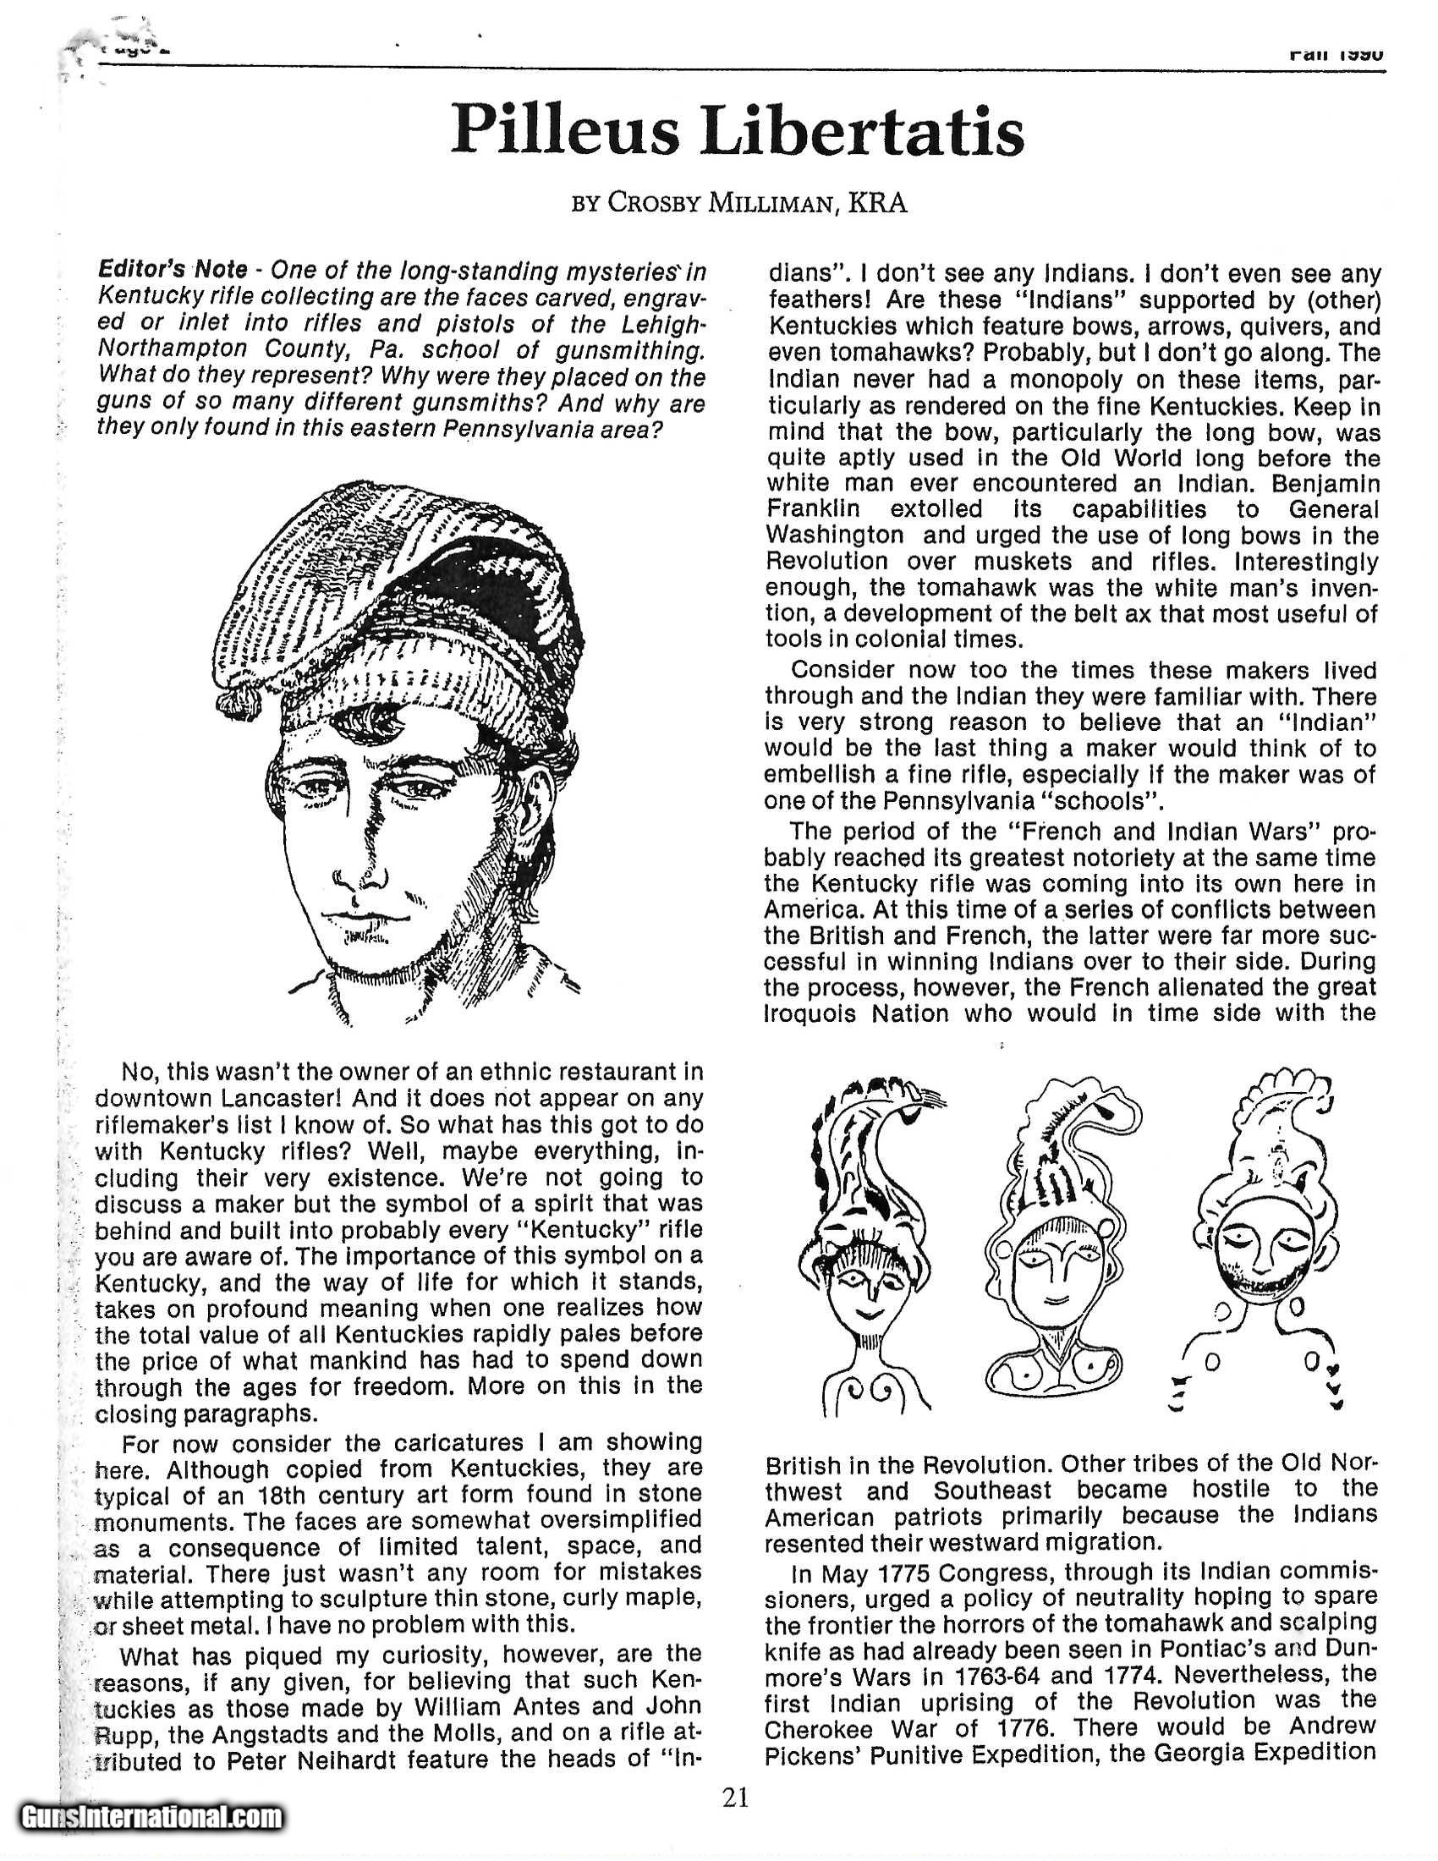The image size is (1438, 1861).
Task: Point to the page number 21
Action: coord(735,1796)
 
